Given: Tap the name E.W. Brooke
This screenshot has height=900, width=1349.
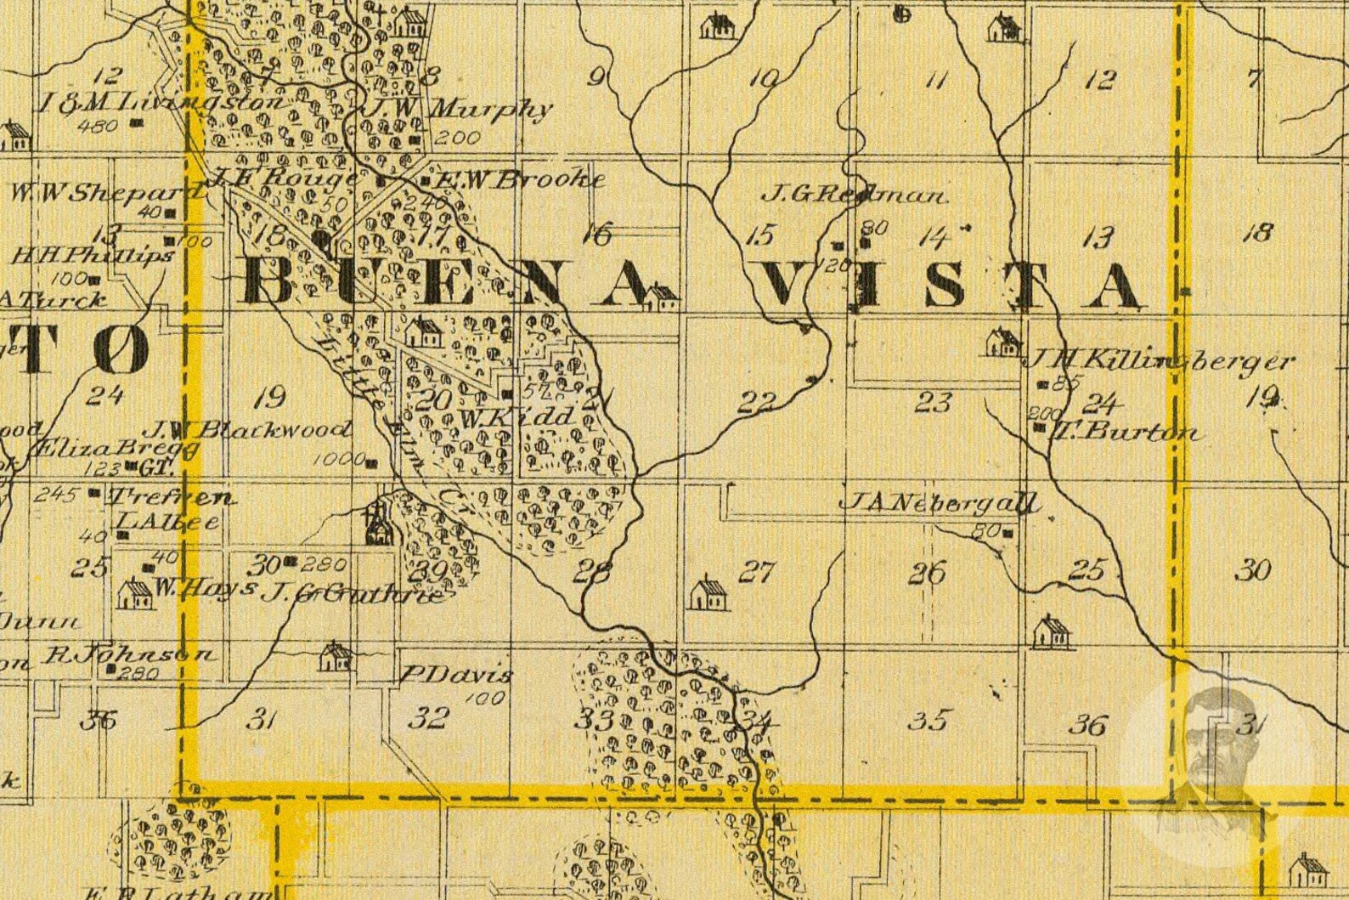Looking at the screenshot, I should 520,179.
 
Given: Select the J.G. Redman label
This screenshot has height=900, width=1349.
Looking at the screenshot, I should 853,195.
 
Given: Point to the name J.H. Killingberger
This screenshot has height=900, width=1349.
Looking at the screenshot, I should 1160,361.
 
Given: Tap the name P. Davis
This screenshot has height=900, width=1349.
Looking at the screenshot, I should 456,676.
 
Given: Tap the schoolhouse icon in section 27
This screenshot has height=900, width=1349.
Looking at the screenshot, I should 708,594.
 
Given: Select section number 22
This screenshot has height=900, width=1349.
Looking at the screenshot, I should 756,401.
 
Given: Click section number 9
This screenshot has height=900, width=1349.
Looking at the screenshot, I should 597,78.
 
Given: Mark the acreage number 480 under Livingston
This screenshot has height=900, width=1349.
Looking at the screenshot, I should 97,127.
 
